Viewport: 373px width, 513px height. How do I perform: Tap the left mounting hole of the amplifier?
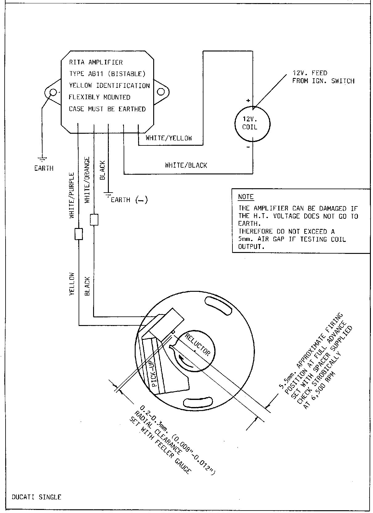tap(53, 92)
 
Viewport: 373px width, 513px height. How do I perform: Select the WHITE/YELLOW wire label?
tap(169, 138)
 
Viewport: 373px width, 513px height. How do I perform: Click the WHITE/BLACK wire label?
tap(186, 165)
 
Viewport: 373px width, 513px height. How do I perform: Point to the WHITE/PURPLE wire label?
tap(72, 195)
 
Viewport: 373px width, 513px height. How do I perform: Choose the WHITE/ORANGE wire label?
tap(87, 180)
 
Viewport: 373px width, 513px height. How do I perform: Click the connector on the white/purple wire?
tap(79, 234)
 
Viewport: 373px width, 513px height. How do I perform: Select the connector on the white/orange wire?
tap(94, 220)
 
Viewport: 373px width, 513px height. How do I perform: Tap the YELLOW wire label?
tap(72, 284)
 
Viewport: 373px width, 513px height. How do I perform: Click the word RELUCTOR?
tap(197, 345)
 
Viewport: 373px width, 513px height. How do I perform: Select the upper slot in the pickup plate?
tap(219, 306)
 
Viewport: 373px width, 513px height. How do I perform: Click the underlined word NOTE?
tap(246, 197)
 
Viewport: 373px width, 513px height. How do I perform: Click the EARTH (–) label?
tap(129, 200)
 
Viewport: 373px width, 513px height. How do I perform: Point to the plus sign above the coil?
tap(248, 100)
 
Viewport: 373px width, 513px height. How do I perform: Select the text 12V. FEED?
tap(310, 73)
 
